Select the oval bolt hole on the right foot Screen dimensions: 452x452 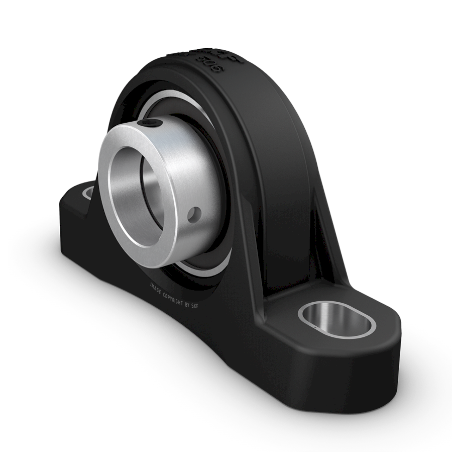click(x=337, y=320)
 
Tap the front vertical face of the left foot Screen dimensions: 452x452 click(x=70, y=221)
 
